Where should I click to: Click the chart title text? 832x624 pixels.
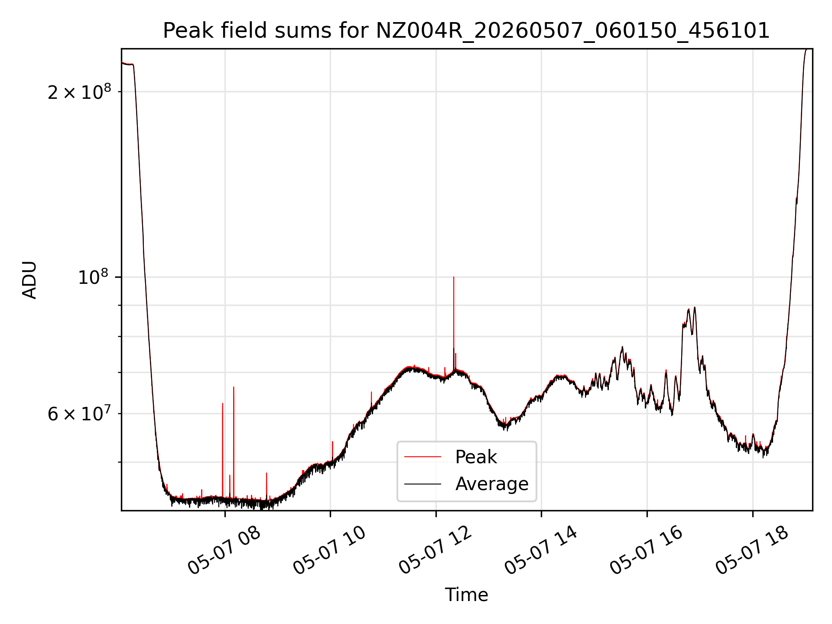[x=466, y=31]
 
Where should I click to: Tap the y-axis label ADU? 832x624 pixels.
[x=29, y=279]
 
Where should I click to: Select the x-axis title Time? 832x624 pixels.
[x=466, y=595]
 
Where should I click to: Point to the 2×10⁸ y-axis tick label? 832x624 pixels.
[x=79, y=91]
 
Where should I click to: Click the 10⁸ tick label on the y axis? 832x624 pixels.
[x=94, y=277]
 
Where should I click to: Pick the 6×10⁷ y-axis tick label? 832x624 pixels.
[x=79, y=413]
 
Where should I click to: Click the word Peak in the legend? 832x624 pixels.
[x=476, y=457]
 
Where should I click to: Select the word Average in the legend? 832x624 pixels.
[x=492, y=484]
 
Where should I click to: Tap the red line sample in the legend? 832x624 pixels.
[x=422, y=457]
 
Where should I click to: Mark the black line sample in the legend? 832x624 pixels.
[x=422, y=484]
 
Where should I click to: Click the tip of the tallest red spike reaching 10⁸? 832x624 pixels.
[x=454, y=277]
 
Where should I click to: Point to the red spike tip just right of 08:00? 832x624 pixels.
[x=234, y=387]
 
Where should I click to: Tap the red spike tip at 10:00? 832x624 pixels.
[x=332, y=442]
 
